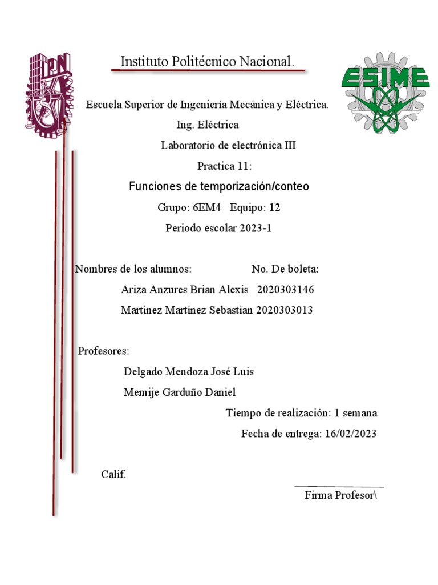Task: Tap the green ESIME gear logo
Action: (385, 93)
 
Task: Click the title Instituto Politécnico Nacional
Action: (207, 62)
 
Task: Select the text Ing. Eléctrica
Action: (208, 125)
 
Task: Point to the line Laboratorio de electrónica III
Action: (228, 146)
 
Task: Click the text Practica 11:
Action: (224, 166)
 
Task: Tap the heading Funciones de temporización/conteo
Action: (219, 187)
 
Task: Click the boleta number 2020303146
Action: (285, 290)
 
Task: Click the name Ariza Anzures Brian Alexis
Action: (185, 290)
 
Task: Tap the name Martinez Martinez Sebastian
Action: (187, 310)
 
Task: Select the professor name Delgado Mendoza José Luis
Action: (189, 372)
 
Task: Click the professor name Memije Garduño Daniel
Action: (180, 392)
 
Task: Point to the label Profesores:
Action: (104, 351)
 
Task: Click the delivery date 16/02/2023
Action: (351, 434)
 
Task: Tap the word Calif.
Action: (113, 475)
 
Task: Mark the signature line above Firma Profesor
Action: (339, 487)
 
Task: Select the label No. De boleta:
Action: (285, 269)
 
